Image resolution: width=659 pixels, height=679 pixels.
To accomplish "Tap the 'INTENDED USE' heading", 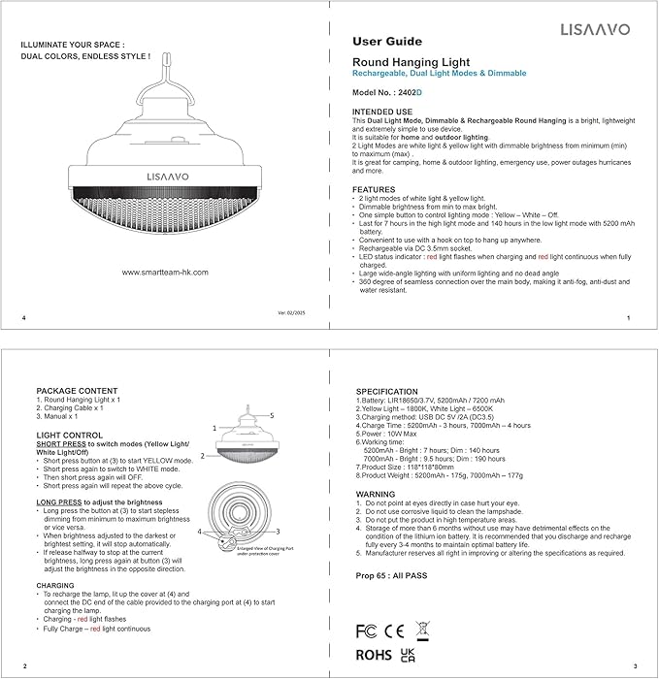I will pyautogui.click(x=383, y=113).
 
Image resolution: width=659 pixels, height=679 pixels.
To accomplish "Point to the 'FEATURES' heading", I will pyautogui.click(x=374, y=189).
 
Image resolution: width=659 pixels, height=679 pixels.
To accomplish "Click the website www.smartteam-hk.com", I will pyautogui.click(x=165, y=273).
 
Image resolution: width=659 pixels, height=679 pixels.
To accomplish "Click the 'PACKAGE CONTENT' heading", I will pyautogui.click(x=76, y=390).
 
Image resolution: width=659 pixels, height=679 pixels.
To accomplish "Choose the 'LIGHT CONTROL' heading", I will pyautogui.click(x=69, y=435).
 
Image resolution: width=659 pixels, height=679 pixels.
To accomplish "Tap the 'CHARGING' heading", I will pyautogui.click(x=55, y=586).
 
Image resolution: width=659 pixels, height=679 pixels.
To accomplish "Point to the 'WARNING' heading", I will pyautogui.click(x=377, y=494).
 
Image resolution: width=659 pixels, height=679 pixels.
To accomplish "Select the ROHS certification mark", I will pyautogui.click(x=374, y=654).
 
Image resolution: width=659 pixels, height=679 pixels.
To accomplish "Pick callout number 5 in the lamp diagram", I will pyautogui.click(x=274, y=415).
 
